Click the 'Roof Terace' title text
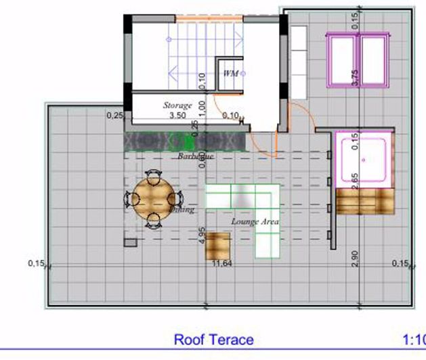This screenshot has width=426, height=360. pos(213,340)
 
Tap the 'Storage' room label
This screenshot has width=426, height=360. pos(177,106)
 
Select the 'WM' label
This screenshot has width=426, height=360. pos(231,73)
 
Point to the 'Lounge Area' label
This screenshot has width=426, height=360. pos(255,221)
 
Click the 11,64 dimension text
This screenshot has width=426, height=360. pos(221,263)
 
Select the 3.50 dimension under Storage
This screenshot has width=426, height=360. pos(177,116)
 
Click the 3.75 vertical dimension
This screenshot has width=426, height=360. pos(355,76)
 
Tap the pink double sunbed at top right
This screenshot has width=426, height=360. pos(358,60)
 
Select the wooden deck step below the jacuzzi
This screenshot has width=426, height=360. pos(364,201)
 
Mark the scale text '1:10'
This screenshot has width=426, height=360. pos(413,340)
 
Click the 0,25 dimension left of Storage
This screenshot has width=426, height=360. pos(115,116)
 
